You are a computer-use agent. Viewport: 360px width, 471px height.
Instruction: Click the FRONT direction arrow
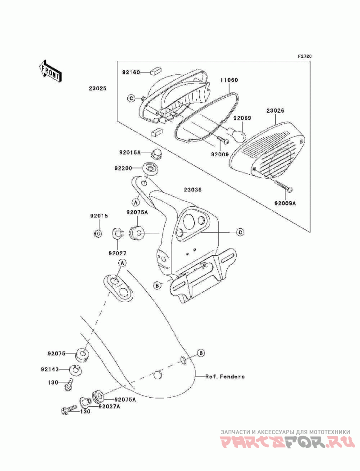(50, 70)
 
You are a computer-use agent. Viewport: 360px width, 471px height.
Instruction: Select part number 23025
(97, 89)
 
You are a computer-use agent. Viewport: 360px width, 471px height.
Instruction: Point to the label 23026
(275, 110)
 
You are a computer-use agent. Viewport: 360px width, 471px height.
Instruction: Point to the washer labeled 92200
(150, 168)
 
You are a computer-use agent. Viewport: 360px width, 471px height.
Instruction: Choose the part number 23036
(192, 190)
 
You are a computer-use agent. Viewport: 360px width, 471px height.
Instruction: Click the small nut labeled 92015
(97, 233)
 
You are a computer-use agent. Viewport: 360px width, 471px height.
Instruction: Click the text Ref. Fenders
(225, 376)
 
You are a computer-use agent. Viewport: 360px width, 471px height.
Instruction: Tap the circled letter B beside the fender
(201, 352)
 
